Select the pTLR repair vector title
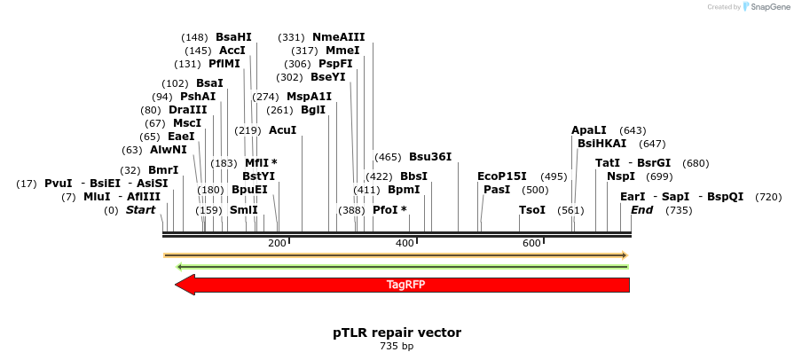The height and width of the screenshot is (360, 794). coord(397,333)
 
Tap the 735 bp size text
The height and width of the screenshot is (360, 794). coord(397,346)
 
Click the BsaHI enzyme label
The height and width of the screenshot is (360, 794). coord(233,37)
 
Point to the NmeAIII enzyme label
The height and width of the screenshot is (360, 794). coord(338,37)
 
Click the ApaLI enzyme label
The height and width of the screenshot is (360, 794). coord(589,130)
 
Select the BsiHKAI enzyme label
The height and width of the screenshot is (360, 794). coord(601,144)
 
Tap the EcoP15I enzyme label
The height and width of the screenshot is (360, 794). coord(502,176)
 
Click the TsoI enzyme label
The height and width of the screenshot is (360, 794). coord(532,210)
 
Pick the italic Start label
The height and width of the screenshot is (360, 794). coord(140,210)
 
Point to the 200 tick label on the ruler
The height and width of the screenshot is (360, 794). coord(278,243)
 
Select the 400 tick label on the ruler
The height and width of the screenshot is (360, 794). coord(405,243)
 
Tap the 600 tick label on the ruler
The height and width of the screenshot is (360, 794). coord(532,243)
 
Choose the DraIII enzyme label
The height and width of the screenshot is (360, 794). coord(187,110)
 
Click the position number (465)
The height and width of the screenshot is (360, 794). coord(388,157)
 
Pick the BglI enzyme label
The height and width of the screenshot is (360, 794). coord(313,110)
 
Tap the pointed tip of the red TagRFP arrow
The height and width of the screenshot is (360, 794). coord(177,285)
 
